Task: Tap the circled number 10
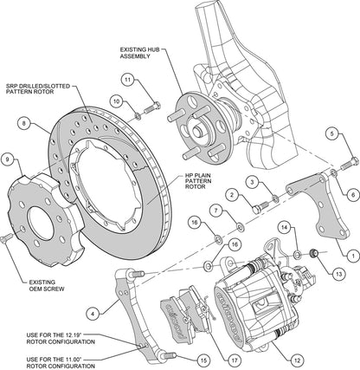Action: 116,102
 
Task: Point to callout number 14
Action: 284,228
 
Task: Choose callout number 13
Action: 337,272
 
